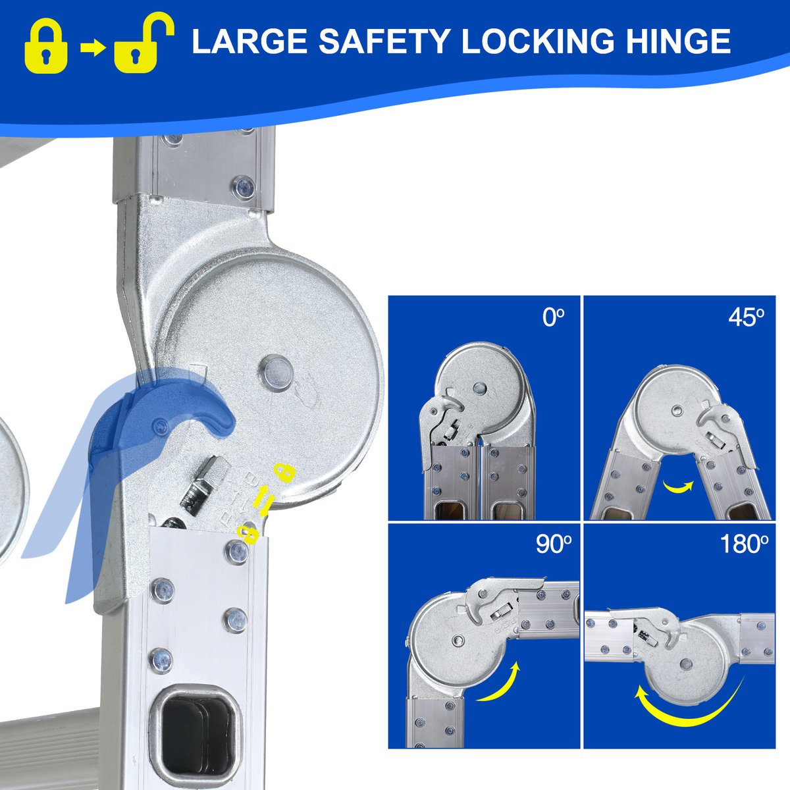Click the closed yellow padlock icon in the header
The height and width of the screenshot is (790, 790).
[x=46, y=49]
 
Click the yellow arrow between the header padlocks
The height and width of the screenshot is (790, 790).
[x=93, y=48]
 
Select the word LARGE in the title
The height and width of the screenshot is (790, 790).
[x=250, y=41]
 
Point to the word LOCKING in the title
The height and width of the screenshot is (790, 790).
[x=538, y=41]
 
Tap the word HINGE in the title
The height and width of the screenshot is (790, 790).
[x=678, y=41]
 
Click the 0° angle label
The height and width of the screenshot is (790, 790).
[x=553, y=317]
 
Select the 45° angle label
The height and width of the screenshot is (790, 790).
[x=746, y=317]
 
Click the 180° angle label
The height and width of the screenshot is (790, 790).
[x=744, y=545]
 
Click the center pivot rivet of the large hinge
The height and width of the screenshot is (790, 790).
[x=276, y=373]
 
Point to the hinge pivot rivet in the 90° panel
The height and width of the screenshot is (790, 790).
[x=458, y=640]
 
